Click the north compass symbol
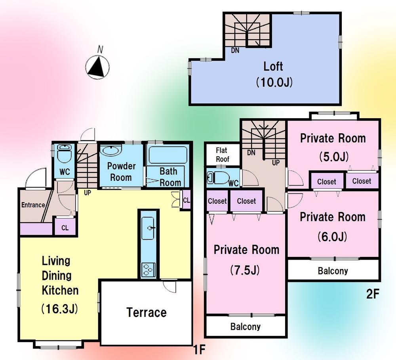(x=98, y=66)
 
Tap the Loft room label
(x=273, y=66)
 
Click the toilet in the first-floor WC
(x=63, y=154)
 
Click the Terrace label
(x=147, y=312)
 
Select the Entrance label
(x=33, y=205)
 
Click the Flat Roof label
(x=223, y=155)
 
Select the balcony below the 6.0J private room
(x=333, y=271)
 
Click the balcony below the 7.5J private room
(x=246, y=327)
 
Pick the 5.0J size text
(x=333, y=157)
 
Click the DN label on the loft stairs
(x=236, y=50)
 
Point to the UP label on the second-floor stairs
(x=275, y=163)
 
